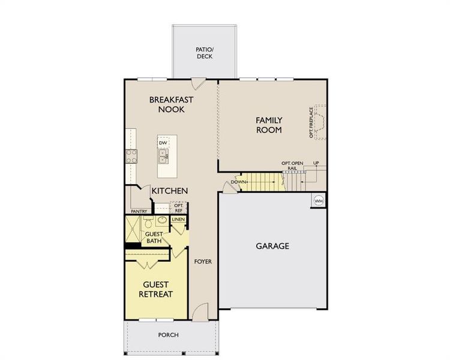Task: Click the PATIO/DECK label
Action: (x=205, y=53)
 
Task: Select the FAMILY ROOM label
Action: (x=269, y=125)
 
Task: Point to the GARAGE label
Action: (x=272, y=246)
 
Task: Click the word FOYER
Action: (x=203, y=262)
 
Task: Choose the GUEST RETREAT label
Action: (x=156, y=289)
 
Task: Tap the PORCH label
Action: (x=168, y=335)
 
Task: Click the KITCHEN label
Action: (x=170, y=191)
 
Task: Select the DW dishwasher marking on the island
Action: (x=163, y=143)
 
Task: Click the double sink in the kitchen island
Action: (x=163, y=157)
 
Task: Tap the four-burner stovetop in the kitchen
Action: (x=132, y=156)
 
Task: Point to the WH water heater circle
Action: (x=319, y=200)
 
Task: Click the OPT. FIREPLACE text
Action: (x=311, y=123)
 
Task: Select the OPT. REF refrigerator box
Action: (x=178, y=208)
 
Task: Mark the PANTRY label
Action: (x=140, y=211)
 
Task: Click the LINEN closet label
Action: (x=179, y=220)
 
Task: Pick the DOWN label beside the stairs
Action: (x=239, y=182)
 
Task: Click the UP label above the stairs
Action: (x=316, y=163)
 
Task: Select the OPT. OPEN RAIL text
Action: (x=293, y=166)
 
